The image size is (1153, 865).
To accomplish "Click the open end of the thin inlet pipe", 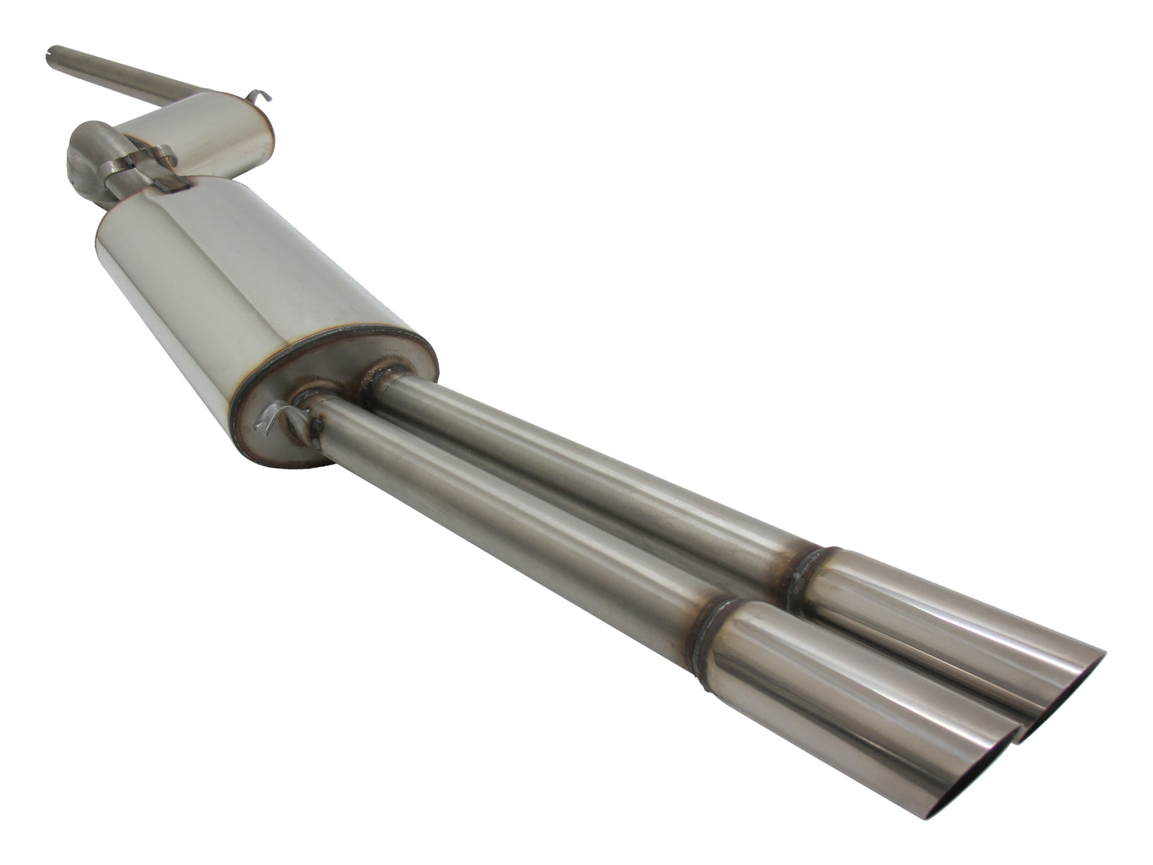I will tap(52, 53).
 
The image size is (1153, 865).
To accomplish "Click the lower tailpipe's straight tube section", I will tap(511, 511).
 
